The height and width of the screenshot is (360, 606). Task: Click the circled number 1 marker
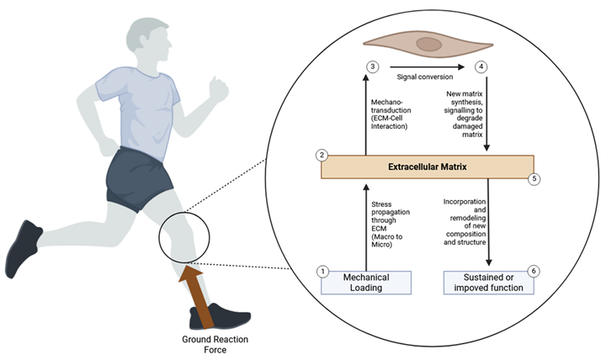(322, 272)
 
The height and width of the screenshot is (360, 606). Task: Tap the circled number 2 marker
(322, 156)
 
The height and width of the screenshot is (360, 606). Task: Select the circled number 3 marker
(373, 66)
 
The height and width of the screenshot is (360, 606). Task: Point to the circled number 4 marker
(481, 66)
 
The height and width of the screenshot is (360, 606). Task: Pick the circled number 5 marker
(534, 179)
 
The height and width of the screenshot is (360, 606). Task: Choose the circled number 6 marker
(534, 271)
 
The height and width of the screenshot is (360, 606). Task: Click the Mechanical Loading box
(366, 283)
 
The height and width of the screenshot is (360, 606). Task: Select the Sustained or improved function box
(488, 283)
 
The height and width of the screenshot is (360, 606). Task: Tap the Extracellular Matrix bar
(428, 167)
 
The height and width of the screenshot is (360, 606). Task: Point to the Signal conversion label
(425, 77)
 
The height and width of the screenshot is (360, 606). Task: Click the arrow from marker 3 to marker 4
(427, 66)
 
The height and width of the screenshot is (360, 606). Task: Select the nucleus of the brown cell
(429, 44)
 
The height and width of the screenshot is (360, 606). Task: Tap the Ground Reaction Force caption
(215, 345)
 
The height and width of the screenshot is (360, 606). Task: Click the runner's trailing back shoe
(24, 248)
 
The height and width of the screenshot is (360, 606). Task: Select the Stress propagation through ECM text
(391, 225)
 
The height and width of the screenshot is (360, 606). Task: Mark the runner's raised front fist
(218, 89)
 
